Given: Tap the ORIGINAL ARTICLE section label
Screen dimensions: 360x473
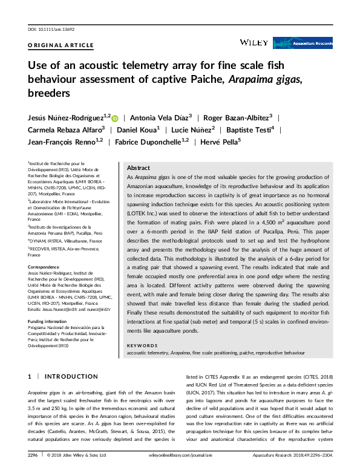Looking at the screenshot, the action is [x=61, y=45].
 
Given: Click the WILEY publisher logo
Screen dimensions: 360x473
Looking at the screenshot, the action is [x=254, y=42].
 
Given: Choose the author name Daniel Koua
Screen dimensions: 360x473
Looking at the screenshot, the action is [x=138, y=129].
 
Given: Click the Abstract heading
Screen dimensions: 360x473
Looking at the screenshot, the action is [x=139, y=168].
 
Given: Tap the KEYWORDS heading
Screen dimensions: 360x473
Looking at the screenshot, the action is [x=143, y=345].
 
